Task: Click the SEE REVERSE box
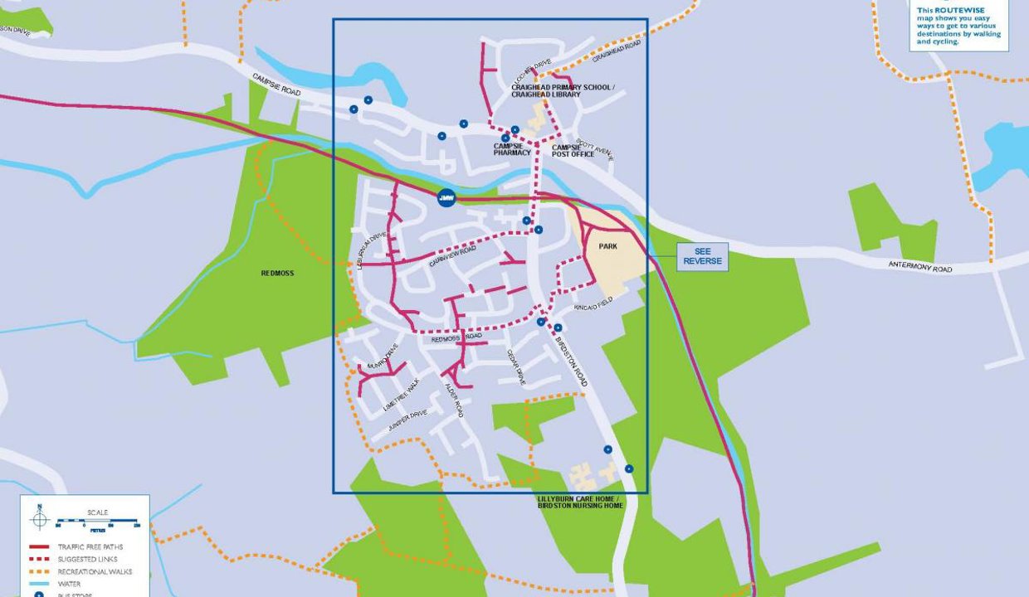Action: click(702, 257)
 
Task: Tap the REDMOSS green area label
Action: click(277, 273)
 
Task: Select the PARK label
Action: click(608, 246)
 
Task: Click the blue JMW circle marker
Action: click(446, 198)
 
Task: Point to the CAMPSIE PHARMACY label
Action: click(512, 148)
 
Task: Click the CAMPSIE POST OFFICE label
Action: click(573, 150)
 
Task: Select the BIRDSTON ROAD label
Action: click(570, 362)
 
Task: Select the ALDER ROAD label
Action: click(453, 400)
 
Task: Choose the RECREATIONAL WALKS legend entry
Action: click(91, 571)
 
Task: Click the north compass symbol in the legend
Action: click(39, 519)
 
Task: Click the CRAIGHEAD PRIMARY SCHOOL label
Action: click(563, 87)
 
